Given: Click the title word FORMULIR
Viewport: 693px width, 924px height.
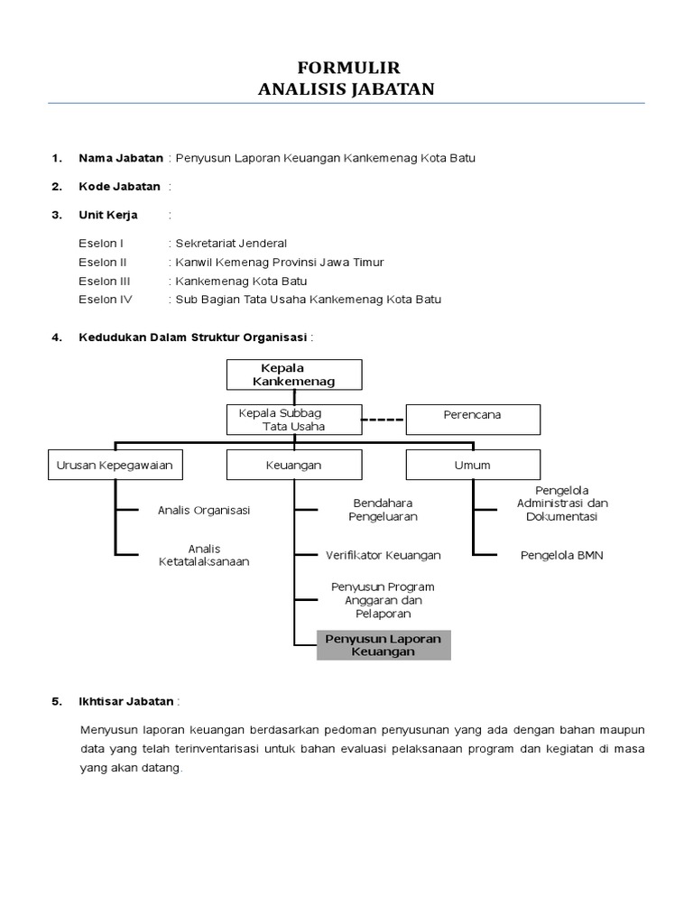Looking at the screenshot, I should (347, 69).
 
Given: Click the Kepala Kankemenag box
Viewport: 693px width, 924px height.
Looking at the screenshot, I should (294, 374).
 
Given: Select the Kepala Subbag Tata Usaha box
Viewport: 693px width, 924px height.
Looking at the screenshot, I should (294, 420).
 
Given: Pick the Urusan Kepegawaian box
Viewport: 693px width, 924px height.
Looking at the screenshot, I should (114, 466).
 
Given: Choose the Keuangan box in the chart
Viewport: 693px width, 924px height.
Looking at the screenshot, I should (294, 466).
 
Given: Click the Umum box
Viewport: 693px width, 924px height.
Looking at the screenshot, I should (473, 466).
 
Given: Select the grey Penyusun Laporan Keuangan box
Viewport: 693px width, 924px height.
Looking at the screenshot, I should (383, 645).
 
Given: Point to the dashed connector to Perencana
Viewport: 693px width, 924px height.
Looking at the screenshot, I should (383, 420).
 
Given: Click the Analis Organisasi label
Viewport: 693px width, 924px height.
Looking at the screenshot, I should (204, 510).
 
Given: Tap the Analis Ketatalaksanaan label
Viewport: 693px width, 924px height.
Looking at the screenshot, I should (204, 555).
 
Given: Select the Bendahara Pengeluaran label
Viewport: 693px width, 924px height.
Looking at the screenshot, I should (383, 510).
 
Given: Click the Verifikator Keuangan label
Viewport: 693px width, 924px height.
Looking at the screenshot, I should (383, 555).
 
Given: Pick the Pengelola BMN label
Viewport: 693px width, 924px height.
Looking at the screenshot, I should (562, 555).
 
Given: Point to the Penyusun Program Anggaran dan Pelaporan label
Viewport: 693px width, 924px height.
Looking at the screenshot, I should (383, 600).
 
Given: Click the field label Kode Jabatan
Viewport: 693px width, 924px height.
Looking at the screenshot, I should (119, 187).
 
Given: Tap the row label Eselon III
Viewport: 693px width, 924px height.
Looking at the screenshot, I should (105, 281).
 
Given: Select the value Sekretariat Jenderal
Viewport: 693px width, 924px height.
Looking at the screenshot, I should (232, 244).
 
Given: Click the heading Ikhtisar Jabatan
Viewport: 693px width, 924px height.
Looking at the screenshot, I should (127, 701).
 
